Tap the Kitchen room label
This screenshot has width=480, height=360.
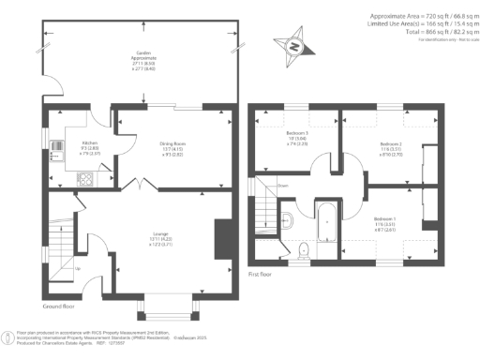click(91, 121)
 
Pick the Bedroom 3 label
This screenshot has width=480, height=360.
click(299, 139)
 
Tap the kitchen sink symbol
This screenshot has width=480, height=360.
click(56, 145)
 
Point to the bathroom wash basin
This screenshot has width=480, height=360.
click(289, 221)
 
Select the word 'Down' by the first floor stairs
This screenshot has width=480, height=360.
click(282, 186)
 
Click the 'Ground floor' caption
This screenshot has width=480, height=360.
click(59, 307)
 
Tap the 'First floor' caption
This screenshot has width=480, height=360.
click(260, 276)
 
